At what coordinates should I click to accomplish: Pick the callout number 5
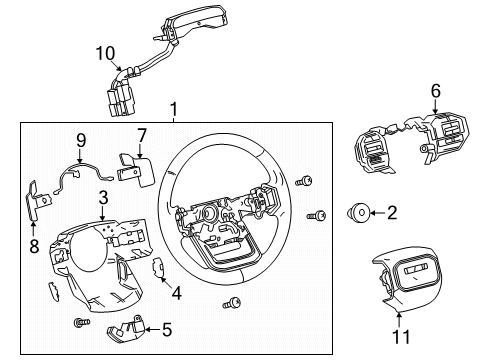[167, 326]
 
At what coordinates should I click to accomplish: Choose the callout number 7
[141, 133]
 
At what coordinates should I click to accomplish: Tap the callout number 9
[82, 141]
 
